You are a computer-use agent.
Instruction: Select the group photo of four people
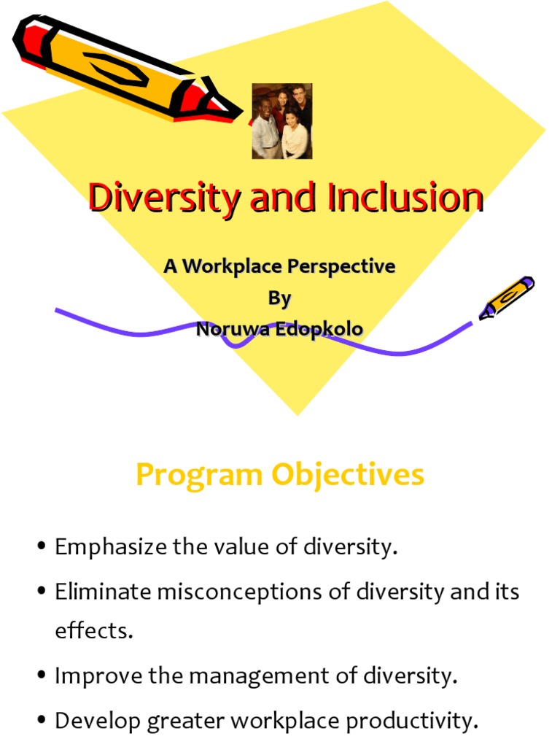pyautogui.click(x=281, y=121)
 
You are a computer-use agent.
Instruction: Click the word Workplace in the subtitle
pyautogui.click(x=231, y=266)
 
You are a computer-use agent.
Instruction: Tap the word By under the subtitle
pyautogui.click(x=279, y=298)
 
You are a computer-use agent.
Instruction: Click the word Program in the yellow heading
pyautogui.click(x=199, y=475)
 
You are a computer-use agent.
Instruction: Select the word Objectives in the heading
pyautogui.click(x=348, y=475)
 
